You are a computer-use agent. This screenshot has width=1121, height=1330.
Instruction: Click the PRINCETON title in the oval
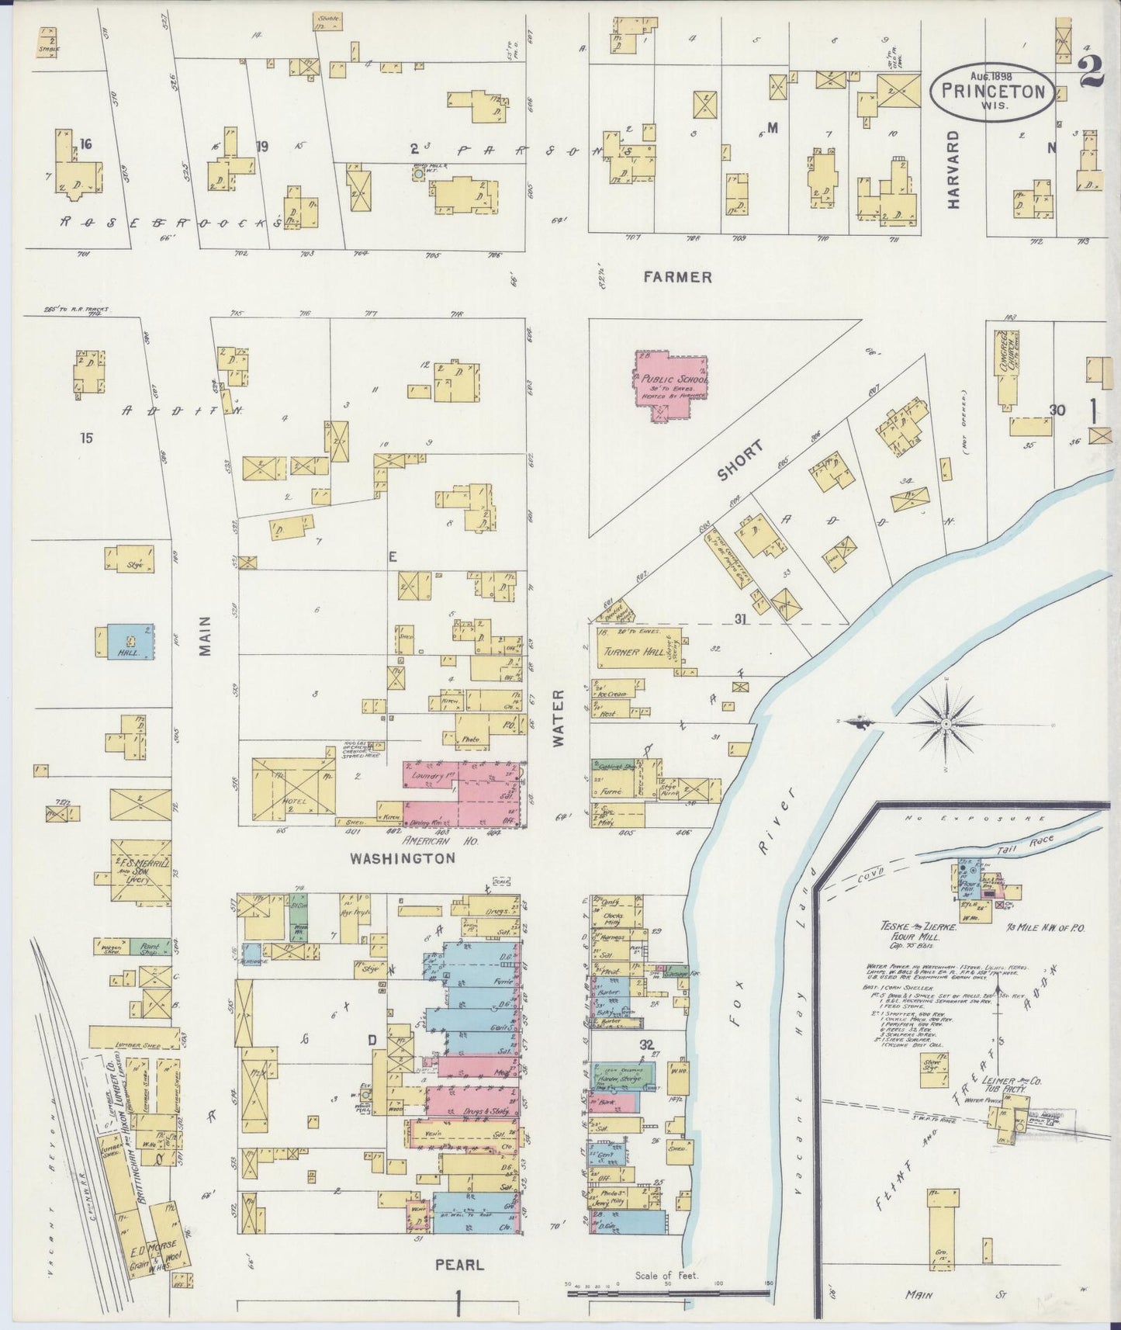[x=993, y=90]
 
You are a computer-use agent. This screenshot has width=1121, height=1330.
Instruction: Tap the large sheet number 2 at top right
[x=1092, y=74]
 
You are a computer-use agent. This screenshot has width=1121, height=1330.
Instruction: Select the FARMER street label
[x=676, y=277]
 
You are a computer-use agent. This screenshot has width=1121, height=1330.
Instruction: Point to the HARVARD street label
[x=953, y=169]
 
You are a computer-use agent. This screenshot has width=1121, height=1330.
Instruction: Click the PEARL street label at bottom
[x=458, y=1265]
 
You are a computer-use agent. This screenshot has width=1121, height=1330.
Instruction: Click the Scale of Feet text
[x=666, y=1275]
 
